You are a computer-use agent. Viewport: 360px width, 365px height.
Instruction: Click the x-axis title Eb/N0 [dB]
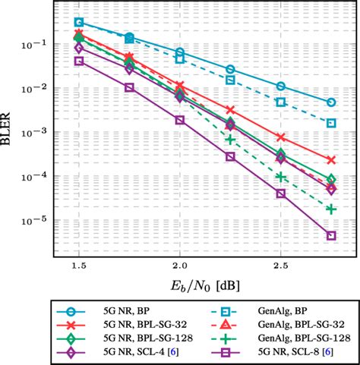click(x=204, y=287)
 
